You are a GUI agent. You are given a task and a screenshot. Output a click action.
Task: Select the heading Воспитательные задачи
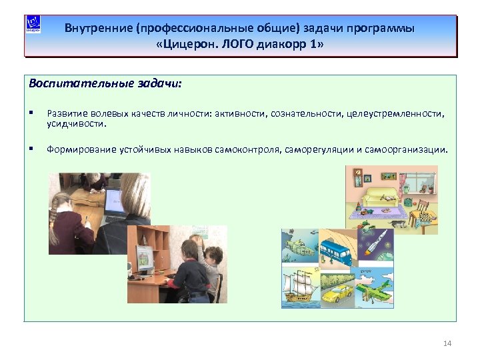[x=105, y=85]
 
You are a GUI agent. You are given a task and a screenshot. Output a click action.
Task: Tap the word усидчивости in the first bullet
[x=77, y=123]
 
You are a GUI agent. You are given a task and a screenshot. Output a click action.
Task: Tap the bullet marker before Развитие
[x=32, y=113]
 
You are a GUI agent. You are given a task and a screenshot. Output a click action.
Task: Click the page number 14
[x=447, y=343]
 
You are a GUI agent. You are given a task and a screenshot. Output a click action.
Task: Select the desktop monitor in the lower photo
[x=145, y=257]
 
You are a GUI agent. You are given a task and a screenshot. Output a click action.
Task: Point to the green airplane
[x=378, y=288]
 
